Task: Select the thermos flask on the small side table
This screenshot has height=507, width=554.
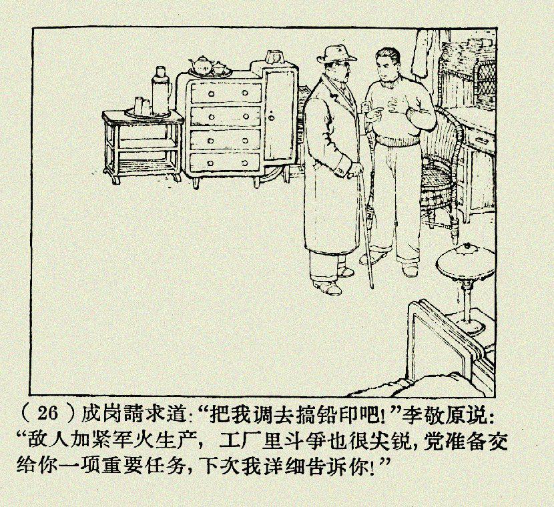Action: coord(161,90)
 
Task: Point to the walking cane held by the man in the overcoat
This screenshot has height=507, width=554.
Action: coord(365,229)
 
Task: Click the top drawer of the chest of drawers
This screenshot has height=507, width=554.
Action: coord(226,93)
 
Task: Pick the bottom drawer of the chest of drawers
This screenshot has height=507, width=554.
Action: coord(225,163)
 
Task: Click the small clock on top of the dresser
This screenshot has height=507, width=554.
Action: coord(274,57)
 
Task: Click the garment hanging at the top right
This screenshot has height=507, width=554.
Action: coord(423,53)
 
